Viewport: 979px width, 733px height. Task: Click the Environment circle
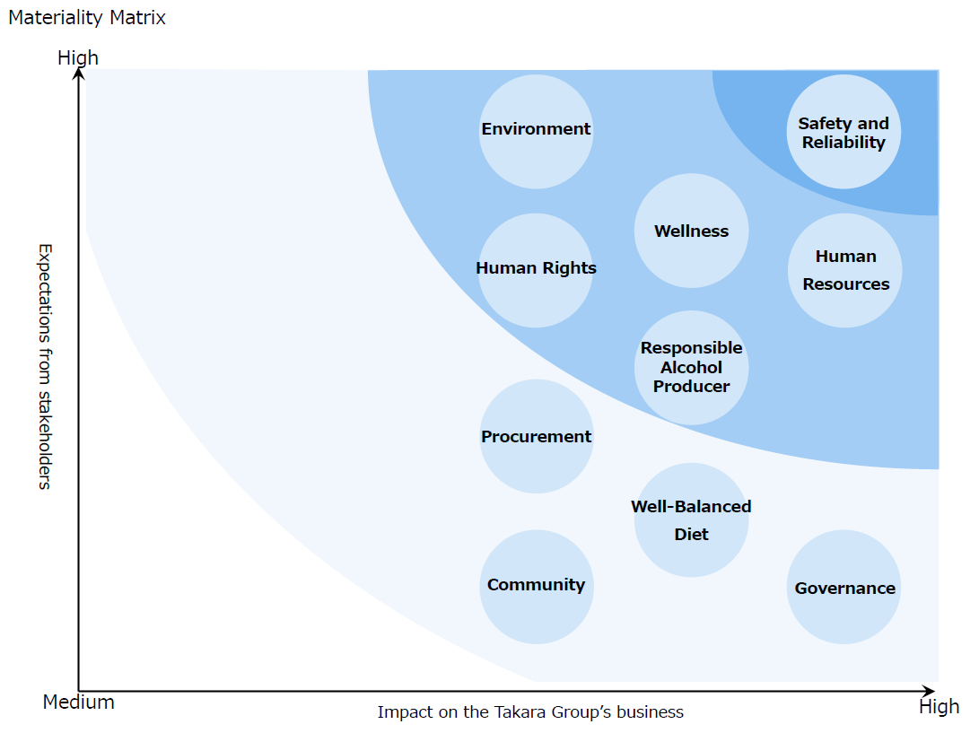point(536,132)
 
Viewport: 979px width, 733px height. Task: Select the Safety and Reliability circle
point(844,132)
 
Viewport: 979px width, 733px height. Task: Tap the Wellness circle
point(691,231)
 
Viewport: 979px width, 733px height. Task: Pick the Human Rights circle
point(536,270)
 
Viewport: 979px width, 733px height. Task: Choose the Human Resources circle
point(844,270)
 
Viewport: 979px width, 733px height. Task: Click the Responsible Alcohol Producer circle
point(691,368)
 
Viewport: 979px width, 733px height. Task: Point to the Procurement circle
point(537,436)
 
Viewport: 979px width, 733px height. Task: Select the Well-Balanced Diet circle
point(691,520)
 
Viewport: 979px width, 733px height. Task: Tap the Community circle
point(537,587)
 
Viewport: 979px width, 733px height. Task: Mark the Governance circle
point(844,587)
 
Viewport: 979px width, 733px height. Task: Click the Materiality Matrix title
point(87,17)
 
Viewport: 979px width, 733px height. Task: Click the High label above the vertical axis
point(78,58)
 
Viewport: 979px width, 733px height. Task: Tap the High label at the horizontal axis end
point(939,707)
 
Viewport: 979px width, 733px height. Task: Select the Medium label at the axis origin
point(79,702)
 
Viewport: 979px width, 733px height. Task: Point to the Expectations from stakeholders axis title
point(45,366)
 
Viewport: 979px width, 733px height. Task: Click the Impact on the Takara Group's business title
point(530,711)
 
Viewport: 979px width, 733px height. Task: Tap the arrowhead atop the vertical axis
point(79,74)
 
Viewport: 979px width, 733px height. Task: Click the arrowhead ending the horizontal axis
point(929,691)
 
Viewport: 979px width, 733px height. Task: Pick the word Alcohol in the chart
point(691,367)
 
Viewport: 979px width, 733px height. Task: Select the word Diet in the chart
point(691,535)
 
